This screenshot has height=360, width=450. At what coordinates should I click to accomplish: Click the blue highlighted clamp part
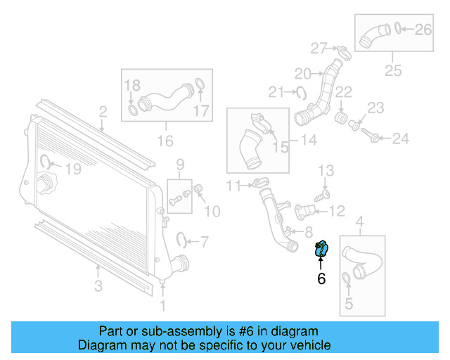(x=323, y=247)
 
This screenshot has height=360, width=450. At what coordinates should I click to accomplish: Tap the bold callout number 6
(x=321, y=278)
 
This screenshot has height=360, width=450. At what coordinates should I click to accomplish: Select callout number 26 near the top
(x=423, y=29)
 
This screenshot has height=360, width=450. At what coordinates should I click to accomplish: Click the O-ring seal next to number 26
(x=399, y=28)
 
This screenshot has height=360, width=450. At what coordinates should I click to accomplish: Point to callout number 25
(x=392, y=71)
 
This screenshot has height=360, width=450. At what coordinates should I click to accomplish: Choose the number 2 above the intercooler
(x=103, y=111)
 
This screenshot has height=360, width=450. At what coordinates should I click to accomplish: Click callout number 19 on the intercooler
(x=73, y=169)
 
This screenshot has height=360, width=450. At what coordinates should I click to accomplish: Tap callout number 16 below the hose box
(x=165, y=141)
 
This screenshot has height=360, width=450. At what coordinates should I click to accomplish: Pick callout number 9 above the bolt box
(x=180, y=165)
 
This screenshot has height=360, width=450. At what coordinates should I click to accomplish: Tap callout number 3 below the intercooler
(x=98, y=285)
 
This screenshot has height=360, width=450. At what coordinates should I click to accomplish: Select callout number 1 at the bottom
(x=163, y=305)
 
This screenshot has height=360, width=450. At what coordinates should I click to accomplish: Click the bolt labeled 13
(x=326, y=191)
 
